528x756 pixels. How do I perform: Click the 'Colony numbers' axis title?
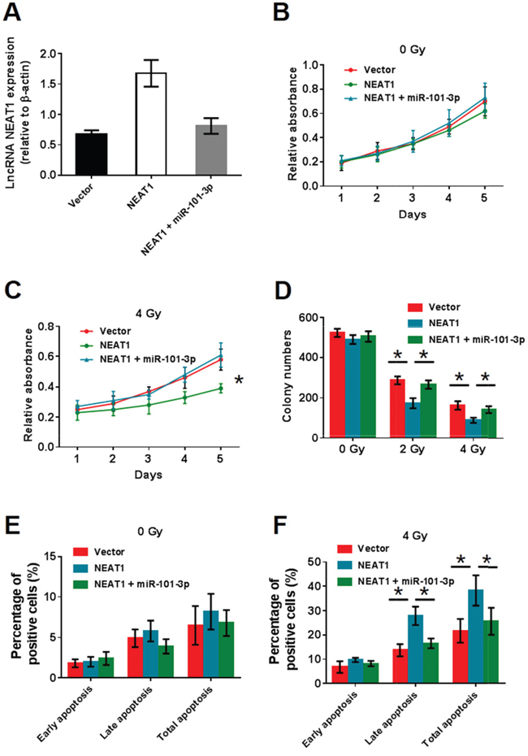(283, 376)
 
